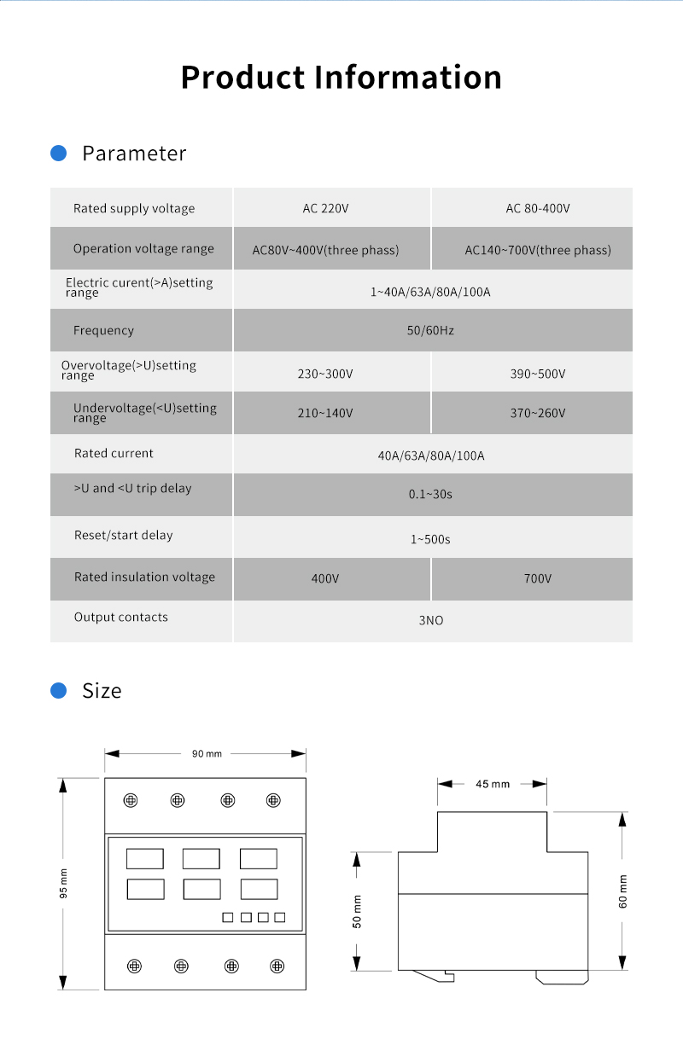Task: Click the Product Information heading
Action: (341, 77)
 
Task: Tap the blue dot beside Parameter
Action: (59, 154)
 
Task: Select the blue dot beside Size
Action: (59, 690)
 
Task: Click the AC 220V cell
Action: (325, 209)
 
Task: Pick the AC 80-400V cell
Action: (538, 209)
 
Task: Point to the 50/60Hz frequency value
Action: (430, 330)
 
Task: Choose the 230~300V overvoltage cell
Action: (325, 374)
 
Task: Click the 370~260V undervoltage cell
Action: (538, 414)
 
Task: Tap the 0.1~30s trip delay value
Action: (430, 495)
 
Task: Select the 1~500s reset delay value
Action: (430, 539)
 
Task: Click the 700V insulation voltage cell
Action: (538, 579)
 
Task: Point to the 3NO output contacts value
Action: (430, 621)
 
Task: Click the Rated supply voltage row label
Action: (134, 209)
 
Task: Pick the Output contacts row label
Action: (121, 618)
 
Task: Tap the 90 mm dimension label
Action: (207, 754)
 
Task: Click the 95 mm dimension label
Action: (63, 883)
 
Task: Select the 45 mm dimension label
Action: (493, 784)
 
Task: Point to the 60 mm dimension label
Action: (623, 891)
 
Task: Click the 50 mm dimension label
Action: (358, 911)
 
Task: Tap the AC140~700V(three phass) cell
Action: (538, 251)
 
